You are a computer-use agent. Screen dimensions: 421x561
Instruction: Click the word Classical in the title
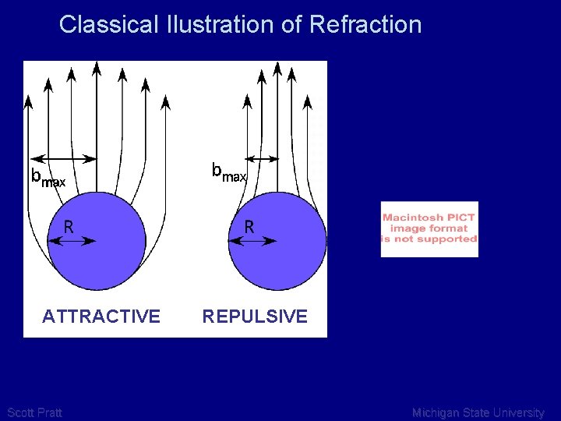[x=109, y=24]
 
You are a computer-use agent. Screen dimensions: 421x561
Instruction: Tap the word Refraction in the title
[x=365, y=24]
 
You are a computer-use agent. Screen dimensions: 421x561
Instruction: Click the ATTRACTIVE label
[x=101, y=317]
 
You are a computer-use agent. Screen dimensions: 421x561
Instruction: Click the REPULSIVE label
[x=255, y=317]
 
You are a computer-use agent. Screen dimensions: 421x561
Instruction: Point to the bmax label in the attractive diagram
[x=47, y=178]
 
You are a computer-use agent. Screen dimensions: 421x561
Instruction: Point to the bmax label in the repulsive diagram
[x=229, y=172]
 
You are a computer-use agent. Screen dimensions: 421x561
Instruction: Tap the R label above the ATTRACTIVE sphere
[x=69, y=227]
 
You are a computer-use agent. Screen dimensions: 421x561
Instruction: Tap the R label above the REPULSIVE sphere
[x=249, y=227]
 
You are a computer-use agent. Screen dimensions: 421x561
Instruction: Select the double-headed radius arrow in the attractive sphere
[x=72, y=242]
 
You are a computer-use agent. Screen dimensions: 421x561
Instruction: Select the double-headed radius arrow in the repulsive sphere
[x=253, y=242]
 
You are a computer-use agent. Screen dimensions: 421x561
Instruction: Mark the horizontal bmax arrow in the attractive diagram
[x=62, y=159]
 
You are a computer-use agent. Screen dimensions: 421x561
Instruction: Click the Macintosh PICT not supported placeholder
[x=429, y=228]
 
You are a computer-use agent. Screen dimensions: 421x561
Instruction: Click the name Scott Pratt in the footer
[x=34, y=412]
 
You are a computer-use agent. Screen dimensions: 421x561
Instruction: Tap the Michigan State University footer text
[x=478, y=412]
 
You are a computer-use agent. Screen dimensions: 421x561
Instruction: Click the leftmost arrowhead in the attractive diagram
[x=28, y=101]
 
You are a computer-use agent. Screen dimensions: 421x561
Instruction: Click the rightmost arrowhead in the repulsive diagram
[x=308, y=101]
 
